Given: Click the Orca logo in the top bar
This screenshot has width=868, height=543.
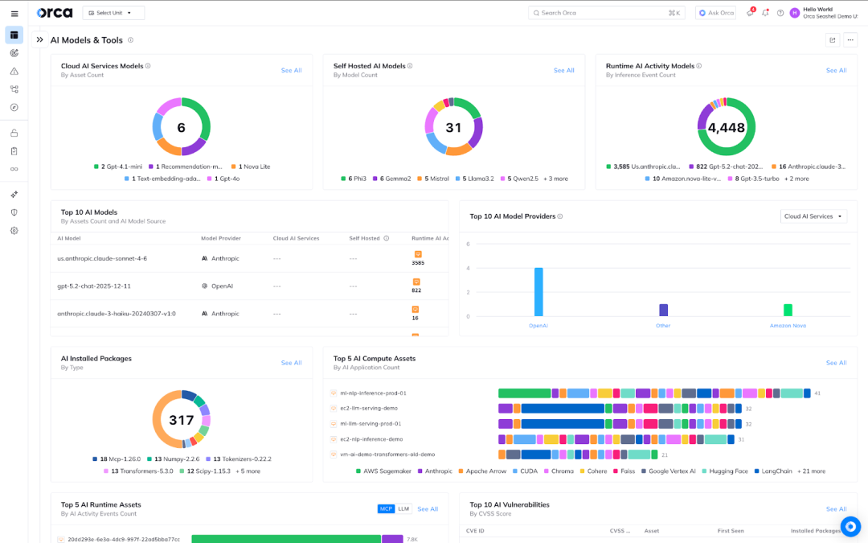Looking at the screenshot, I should pos(55,13).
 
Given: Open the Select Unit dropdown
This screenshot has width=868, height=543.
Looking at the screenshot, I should pos(113,13).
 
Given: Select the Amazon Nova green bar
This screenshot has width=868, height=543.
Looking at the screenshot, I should pos(788,310).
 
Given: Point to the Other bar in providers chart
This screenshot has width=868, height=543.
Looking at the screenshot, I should pos(663,310).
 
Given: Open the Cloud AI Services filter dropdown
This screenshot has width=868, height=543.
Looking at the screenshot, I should pos(813,216).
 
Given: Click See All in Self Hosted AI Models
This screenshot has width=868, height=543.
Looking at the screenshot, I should pos(563,71).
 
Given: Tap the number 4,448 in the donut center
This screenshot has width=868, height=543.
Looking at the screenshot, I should pos(726,127).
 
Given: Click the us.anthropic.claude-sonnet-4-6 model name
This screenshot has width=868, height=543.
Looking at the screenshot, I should pos(102,259).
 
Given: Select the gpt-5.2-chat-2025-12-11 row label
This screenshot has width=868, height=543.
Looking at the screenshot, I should pos(94,286).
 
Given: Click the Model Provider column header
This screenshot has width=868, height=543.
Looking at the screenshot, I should pos(220,238).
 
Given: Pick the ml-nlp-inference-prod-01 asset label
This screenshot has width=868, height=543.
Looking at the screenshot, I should pos(372,393).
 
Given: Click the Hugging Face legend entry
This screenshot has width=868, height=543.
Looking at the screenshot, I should pos(725,471).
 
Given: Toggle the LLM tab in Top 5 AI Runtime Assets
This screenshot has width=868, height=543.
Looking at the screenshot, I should pos(403,509).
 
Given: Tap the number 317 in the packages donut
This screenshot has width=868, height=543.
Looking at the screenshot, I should pos(182,420).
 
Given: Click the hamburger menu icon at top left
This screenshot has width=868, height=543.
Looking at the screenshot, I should pos(14,13).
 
